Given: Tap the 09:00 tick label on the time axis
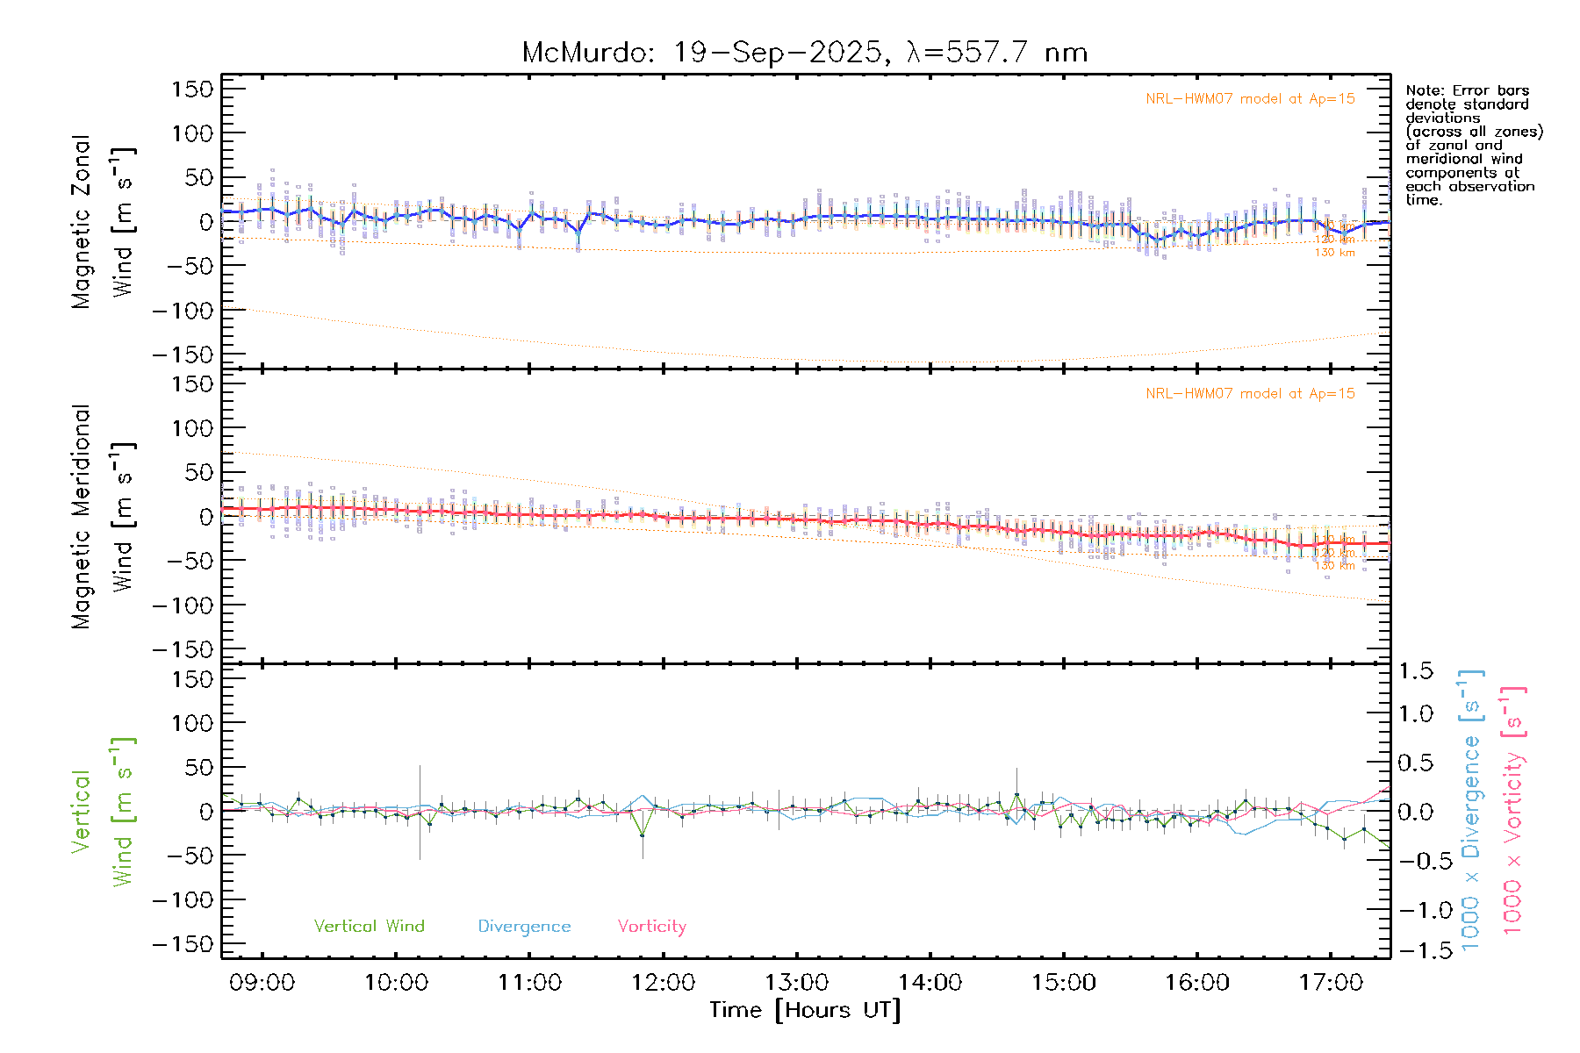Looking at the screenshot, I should click(262, 983).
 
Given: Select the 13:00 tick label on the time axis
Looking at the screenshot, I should click(796, 983).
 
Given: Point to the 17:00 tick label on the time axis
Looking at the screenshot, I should click(1331, 983).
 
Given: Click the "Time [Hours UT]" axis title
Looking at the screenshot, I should click(804, 1010).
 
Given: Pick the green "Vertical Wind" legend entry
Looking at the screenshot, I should click(369, 927).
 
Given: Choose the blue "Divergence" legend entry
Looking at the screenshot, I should click(524, 927).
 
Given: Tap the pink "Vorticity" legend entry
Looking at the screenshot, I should click(651, 927).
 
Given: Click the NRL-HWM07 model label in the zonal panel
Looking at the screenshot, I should click(1250, 99).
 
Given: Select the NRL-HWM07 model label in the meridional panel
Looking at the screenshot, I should click(1250, 394).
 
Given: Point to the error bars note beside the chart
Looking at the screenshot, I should click(1473, 145).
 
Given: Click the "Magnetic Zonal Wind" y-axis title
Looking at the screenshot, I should click(104, 222).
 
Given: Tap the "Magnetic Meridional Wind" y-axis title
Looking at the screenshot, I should click(104, 517).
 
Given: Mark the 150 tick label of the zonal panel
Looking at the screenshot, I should click(192, 90).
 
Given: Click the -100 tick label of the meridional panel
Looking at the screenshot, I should click(183, 605).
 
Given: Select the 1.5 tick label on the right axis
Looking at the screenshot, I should click(1415, 671).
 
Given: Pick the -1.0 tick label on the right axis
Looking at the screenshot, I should click(1415, 910).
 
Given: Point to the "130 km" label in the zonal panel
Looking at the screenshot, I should click(1334, 253).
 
